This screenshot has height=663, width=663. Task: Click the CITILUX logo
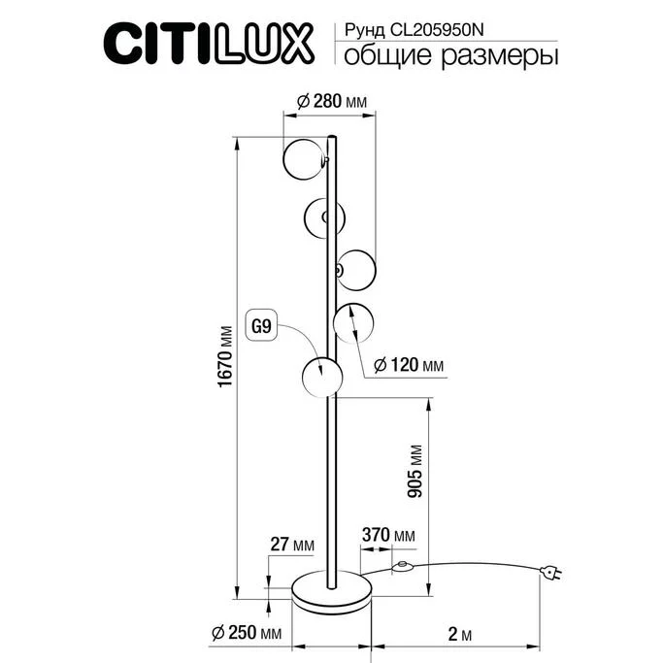click(208, 42)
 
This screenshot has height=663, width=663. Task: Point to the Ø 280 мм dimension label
click(329, 102)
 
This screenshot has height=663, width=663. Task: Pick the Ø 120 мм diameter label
click(409, 366)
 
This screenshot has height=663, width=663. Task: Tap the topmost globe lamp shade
click(304, 158)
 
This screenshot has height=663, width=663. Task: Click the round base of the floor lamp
click(333, 591)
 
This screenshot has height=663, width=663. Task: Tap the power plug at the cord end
click(552, 576)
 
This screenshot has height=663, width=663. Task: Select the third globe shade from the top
click(355, 266)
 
